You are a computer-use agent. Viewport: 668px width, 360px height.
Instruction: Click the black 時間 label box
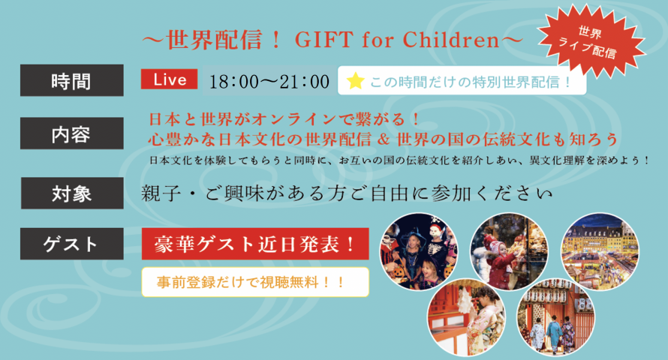tap(72, 80)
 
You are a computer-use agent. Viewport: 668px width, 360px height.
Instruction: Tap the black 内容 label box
tap(72, 133)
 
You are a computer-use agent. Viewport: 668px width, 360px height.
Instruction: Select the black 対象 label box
tap(72, 193)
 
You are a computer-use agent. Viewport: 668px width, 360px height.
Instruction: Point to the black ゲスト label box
tap(72, 244)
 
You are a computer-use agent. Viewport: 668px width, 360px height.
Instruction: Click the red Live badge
tap(169, 79)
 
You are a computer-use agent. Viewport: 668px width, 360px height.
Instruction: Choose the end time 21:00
tap(304, 81)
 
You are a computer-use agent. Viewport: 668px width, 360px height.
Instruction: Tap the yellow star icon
tap(355, 81)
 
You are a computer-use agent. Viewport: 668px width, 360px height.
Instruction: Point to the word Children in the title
tap(451, 40)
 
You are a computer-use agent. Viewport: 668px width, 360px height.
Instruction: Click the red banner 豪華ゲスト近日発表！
tap(255, 244)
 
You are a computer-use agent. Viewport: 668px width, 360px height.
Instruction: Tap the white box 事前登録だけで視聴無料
tap(255, 282)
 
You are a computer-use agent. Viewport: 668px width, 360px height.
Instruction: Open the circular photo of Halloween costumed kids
tap(419, 251)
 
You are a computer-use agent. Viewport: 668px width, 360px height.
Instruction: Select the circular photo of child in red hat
tap(509, 251)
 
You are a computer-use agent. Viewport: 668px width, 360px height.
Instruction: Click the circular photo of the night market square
tap(600, 251)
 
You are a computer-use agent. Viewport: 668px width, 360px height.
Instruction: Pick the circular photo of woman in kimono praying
tap(467, 317)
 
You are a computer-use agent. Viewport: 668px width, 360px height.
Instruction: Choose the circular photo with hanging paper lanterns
tap(556, 317)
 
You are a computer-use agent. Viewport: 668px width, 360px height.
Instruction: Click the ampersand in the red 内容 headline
tap(384, 139)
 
